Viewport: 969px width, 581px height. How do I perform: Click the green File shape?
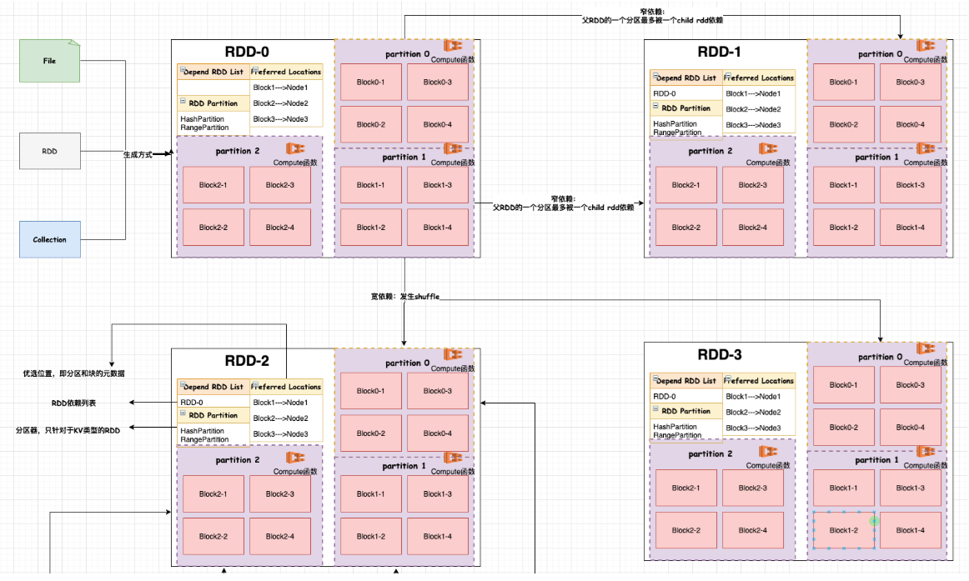49,61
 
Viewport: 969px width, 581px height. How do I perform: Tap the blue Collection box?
49,239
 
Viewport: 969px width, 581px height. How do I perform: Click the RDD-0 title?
247,51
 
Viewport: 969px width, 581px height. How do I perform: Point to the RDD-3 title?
719,354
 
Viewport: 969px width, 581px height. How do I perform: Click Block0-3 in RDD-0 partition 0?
437,82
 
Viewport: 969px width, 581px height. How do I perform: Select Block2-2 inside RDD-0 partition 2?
213,227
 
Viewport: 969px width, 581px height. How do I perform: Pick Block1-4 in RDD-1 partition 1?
910,227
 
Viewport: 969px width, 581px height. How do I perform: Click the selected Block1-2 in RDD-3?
843,530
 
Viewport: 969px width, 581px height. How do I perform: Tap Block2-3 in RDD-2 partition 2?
279,493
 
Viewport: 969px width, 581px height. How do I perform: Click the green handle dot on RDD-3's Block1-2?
874,521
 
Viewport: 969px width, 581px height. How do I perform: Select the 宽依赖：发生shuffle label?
404,297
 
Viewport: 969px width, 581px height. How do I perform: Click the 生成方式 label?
138,155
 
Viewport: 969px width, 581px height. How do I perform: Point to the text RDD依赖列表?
73,403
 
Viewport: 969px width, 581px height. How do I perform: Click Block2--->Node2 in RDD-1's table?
753,109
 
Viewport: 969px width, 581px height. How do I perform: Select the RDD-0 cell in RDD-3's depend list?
665,396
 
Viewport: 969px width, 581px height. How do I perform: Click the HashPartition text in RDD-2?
203,430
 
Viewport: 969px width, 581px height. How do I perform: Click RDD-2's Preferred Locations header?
286,387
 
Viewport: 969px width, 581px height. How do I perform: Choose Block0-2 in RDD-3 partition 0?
843,427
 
